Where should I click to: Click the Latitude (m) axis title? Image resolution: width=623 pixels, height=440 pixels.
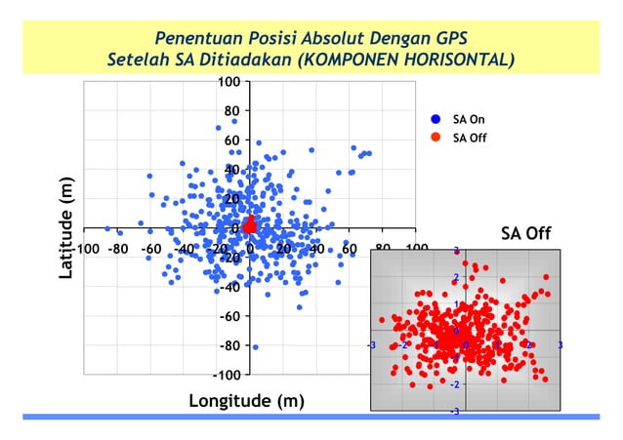pyautogui.click(x=65, y=227)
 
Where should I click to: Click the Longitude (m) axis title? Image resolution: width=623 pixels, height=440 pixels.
pyautogui.click(x=246, y=401)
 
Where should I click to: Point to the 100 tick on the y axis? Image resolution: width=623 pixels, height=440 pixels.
pyautogui.click(x=228, y=82)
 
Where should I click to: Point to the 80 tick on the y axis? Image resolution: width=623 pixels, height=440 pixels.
pyautogui.click(x=231, y=111)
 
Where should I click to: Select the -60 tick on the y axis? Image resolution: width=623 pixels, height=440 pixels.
pyautogui.click(x=228, y=316)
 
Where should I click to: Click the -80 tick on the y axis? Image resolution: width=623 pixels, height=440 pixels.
pyautogui.click(x=228, y=345)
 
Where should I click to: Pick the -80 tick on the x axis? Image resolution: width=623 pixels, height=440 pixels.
pyautogui.click(x=116, y=248)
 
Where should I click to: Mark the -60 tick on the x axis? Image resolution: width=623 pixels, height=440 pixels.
pyautogui.click(x=150, y=248)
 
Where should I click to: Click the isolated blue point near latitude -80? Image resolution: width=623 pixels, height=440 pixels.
pyautogui.click(x=256, y=347)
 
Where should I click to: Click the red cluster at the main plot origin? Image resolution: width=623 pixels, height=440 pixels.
pyautogui.click(x=249, y=225)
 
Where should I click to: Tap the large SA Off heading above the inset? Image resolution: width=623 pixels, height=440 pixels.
pyautogui.click(x=526, y=233)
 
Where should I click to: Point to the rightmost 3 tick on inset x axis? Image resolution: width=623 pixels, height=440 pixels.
pyautogui.click(x=561, y=345)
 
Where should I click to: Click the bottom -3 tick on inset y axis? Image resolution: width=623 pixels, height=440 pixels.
pyautogui.click(x=455, y=412)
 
